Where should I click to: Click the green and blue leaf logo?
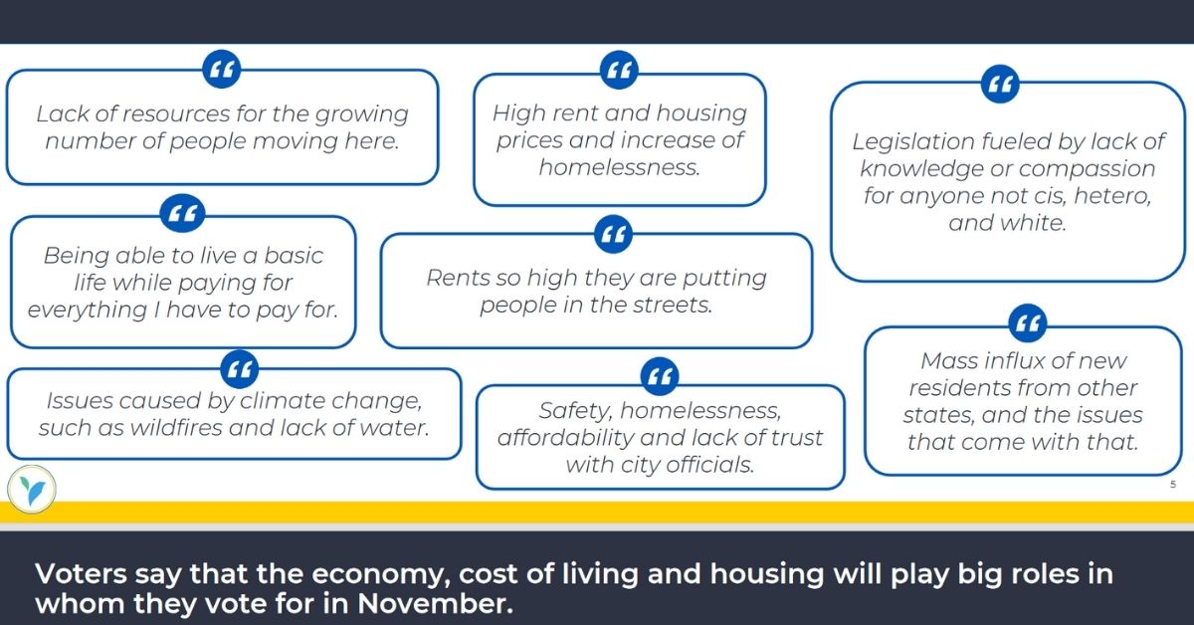[x=32, y=490]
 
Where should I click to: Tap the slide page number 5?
[x=1173, y=485]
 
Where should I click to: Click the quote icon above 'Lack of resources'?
[x=222, y=70]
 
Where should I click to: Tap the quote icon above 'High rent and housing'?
[x=619, y=70]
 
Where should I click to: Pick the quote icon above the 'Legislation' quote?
[x=1000, y=84]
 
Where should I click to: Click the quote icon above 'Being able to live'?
[x=182, y=213]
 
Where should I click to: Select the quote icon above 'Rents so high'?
[x=613, y=234]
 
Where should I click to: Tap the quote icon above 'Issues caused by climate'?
[x=240, y=369]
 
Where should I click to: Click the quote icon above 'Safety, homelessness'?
[x=660, y=376]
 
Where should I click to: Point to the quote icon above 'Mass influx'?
[x=1028, y=323]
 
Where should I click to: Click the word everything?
[x=88, y=311]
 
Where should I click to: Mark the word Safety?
[x=576, y=411]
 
